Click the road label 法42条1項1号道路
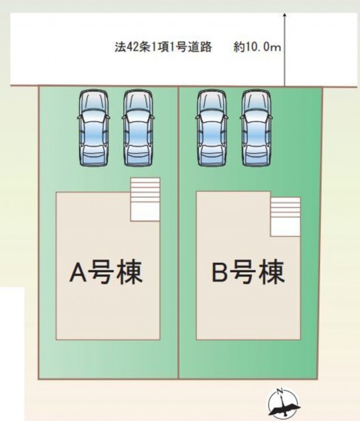(x=163, y=47)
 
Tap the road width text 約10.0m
(x=257, y=47)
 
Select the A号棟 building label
(x=106, y=272)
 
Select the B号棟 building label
(x=248, y=272)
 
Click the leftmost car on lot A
(x=94, y=128)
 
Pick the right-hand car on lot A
(x=138, y=128)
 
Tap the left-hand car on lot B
(x=211, y=128)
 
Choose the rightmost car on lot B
(x=256, y=128)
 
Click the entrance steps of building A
(x=145, y=199)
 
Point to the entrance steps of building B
(x=285, y=217)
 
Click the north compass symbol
(x=284, y=404)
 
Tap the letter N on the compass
(x=280, y=391)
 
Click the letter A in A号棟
(x=78, y=272)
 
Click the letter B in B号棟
(x=220, y=272)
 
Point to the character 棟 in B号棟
(x=272, y=272)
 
